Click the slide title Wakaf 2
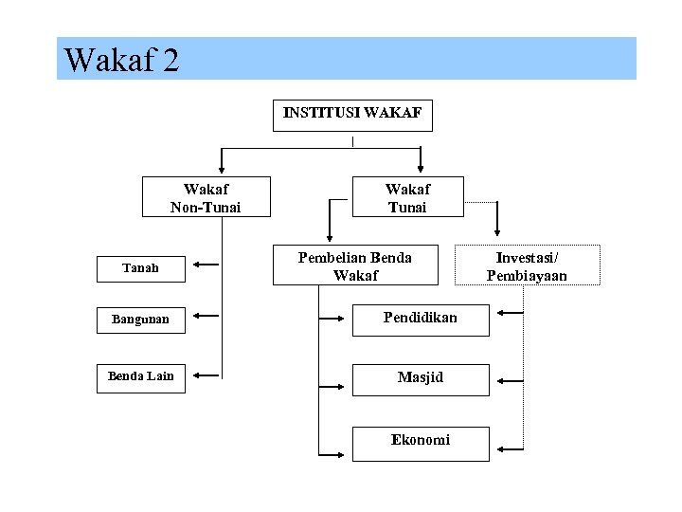point(121,61)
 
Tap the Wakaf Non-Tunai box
point(206,198)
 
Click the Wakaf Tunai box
point(407,198)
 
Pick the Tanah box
point(140,269)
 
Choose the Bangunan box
point(140,320)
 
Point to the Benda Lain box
point(140,376)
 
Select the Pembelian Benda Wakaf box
point(355,266)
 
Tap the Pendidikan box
point(421,319)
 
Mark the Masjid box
point(421,378)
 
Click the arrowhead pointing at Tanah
point(195,265)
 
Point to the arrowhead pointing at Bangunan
point(195,316)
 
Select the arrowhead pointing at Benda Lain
point(195,376)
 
